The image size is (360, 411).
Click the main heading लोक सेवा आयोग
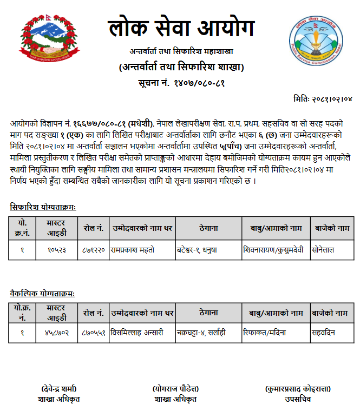tap(181, 29)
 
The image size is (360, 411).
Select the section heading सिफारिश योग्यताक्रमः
tap(43, 207)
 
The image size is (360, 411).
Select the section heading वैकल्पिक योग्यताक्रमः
tap(42, 293)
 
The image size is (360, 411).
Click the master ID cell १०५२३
tap(56, 250)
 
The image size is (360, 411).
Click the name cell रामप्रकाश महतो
tap(132, 250)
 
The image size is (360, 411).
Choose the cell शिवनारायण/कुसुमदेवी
tap(273, 250)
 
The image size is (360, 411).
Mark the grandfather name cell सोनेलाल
tap(325, 250)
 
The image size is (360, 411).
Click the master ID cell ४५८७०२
tap(56, 332)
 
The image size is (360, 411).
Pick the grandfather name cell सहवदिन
tap(324, 332)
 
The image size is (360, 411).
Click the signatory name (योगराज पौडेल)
tap(175, 389)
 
